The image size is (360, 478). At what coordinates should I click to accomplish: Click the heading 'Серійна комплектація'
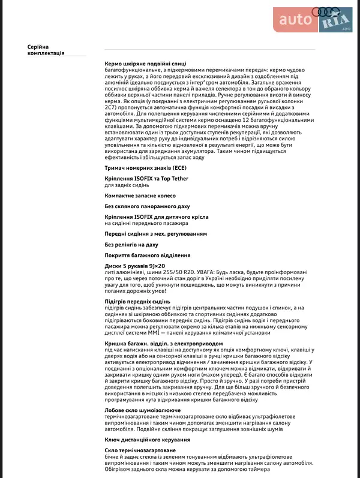point(46,50)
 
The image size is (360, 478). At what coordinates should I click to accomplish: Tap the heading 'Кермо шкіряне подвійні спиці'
point(145,63)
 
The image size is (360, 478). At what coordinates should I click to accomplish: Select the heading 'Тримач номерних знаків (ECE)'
point(146,168)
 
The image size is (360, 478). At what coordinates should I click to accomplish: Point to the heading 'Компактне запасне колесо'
point(140,196)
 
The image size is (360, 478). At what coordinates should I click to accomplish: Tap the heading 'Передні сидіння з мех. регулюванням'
point(156,233)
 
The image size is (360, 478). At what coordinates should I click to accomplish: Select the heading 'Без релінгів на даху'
point(131,245)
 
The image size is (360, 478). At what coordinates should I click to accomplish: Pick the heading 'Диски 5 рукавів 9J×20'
point(134,266)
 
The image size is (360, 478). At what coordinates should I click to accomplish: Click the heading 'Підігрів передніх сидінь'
point(137,301)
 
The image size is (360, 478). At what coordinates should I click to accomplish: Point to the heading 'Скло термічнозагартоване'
point(140,450)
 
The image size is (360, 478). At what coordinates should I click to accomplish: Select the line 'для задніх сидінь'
point(127,185)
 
